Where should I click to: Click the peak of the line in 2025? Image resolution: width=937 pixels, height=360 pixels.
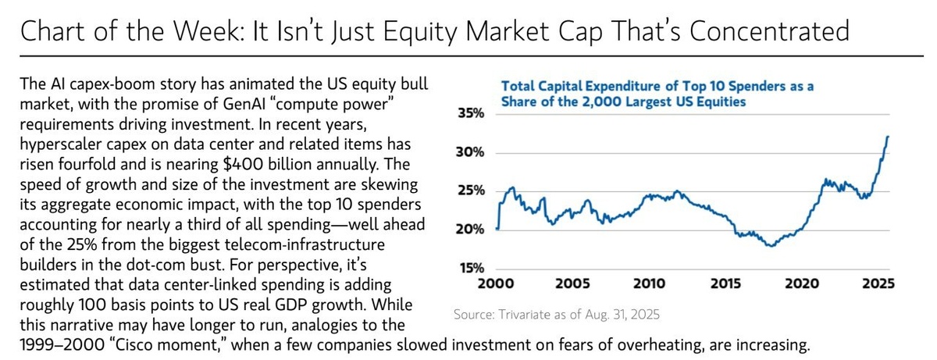[889, 136]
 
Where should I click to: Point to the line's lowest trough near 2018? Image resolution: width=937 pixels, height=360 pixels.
[771, 246]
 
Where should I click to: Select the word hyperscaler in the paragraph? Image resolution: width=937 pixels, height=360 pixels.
[59, 147]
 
